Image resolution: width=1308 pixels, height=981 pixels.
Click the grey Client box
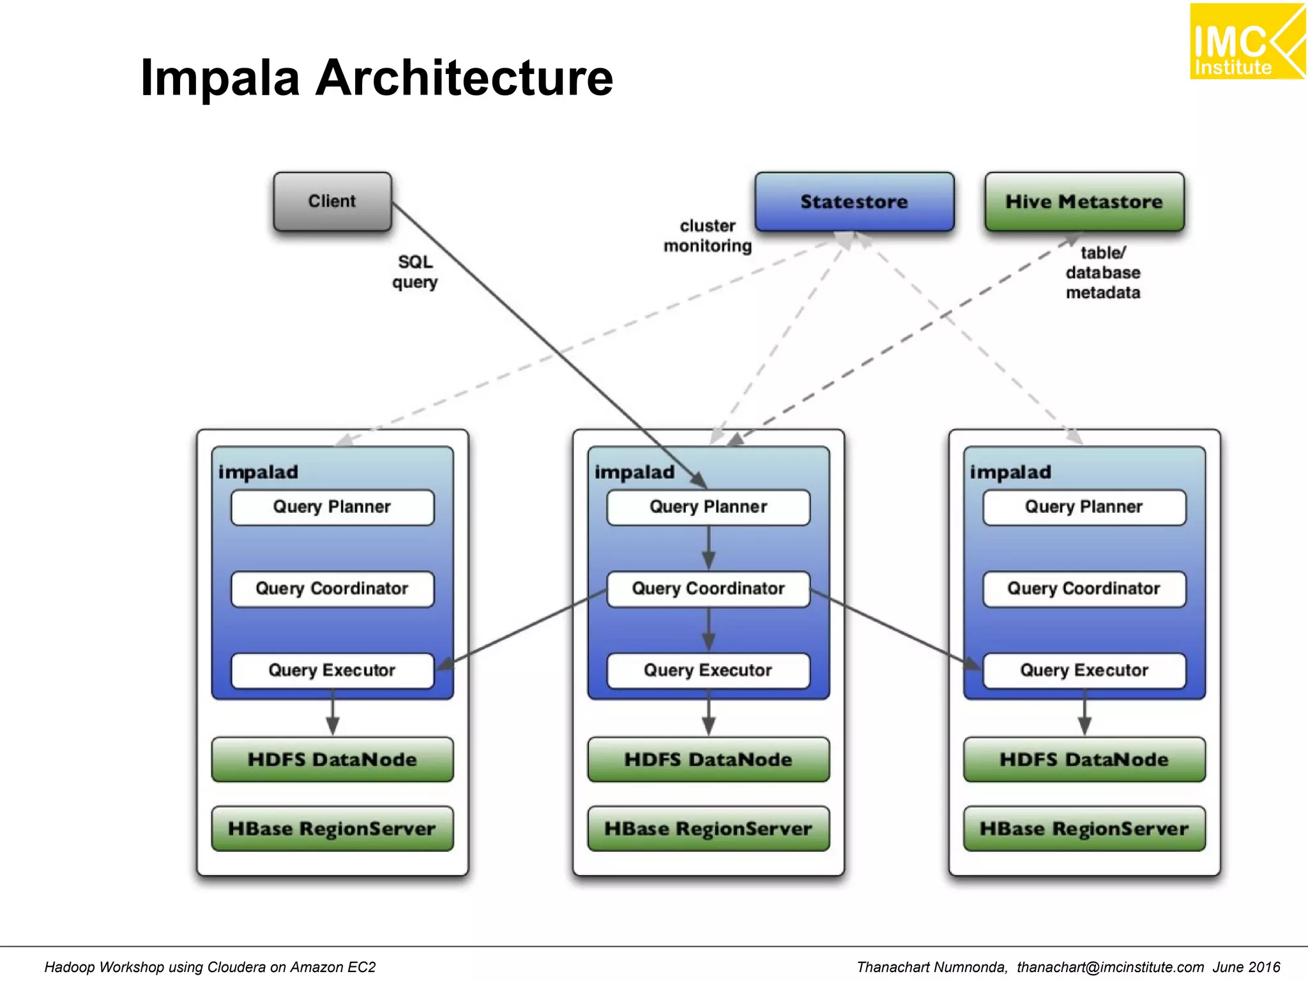[332, 201]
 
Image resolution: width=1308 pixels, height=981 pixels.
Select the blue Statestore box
[854, 201]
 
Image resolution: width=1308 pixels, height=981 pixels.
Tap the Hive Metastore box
[1084, 201]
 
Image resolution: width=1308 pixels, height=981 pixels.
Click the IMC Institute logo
[1246, 42]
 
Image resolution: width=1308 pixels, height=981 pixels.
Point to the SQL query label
[415, 271]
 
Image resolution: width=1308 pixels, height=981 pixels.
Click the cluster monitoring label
[708, 236]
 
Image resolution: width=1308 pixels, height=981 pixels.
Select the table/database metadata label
[1103, 273]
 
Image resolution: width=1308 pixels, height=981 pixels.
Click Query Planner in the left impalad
[332, 507]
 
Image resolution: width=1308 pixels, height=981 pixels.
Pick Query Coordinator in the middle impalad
[708, 589]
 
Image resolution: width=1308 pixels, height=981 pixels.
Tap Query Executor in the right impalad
[1084, 671]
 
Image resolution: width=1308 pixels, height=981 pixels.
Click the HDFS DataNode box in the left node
[332, 759]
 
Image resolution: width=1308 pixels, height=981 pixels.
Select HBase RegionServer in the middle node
[708, 828]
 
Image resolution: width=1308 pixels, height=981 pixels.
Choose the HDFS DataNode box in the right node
[1084, 759]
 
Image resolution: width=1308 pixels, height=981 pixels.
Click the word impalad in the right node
[1010, 472]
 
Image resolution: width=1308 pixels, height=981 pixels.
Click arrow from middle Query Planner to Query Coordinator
[708, 548]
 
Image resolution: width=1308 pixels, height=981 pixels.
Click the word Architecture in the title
[464, 78]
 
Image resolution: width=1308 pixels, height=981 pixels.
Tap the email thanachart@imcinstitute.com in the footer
[1110, 967]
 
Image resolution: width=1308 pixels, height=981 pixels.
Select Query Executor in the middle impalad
[708, 671]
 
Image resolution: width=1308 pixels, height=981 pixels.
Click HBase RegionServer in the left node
[332, 828]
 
